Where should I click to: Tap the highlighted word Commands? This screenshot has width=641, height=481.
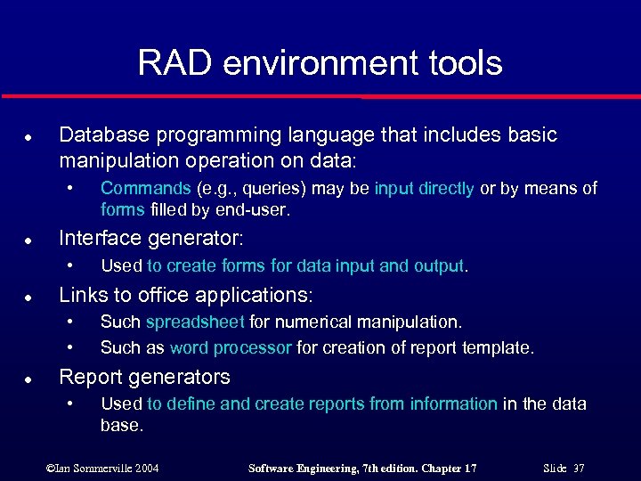pos(145,188)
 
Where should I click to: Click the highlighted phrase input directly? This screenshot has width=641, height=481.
pos(424,188)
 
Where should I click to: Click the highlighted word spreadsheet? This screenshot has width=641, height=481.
pos(196,322)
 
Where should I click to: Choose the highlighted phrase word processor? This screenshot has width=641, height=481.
pos(231,348)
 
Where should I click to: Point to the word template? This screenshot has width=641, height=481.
pos(502,348)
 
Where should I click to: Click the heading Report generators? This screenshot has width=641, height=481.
pos(143,377)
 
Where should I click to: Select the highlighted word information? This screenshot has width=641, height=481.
pos(453,404)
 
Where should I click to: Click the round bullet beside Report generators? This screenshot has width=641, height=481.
pos(29,378)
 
